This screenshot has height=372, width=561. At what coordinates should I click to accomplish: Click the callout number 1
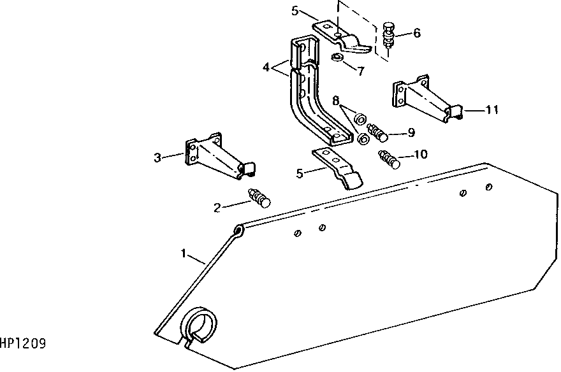(x=184, y=254)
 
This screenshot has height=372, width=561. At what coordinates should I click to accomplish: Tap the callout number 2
(x=217, y=208)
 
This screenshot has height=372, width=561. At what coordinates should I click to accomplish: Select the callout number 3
(x=157, y=157)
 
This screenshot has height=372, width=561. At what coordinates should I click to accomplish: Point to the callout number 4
(x=266, y=67)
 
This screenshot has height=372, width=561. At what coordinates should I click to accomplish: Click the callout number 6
(x=417, y=33)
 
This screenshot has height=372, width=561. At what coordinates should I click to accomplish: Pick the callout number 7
(x=361, y=71)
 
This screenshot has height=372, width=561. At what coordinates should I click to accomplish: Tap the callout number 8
(x=335, y=101)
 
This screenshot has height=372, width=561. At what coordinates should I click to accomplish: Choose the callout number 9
(x=411, y=132)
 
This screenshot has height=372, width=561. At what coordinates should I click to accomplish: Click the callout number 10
(x=420, y=154)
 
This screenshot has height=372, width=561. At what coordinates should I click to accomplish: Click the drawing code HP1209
(x=23, y=344)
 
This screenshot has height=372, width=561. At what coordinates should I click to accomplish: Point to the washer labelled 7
(x=337, y=57)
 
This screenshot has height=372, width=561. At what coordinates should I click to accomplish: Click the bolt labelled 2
(x=259, y=198)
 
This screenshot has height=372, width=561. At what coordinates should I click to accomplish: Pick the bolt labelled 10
(x=389, y=159)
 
